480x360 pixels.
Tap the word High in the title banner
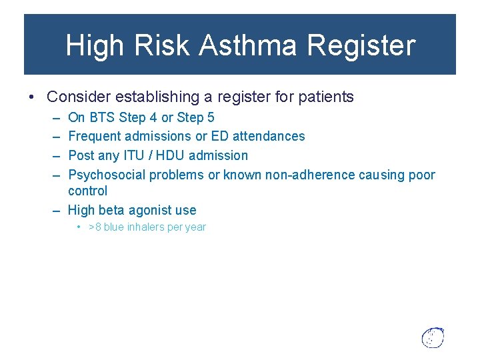coord(94,46)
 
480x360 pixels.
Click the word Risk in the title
coord(159,46)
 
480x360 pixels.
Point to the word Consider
coord(79,97)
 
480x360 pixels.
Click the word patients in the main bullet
coord(326,97)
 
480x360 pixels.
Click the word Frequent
coord(94,137)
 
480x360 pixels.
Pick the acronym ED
coord(222,137)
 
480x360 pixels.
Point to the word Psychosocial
coord(107,175)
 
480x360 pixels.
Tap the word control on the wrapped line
coord(87,191)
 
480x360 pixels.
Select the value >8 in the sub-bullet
coord(95,227)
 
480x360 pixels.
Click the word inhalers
coord(149,227)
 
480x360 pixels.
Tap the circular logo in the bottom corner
coord(433,337)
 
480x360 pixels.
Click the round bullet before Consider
coord(32,97)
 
